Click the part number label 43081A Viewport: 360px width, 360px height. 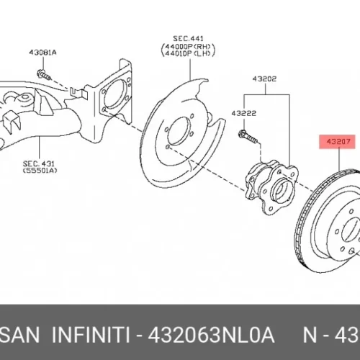pos(42,53)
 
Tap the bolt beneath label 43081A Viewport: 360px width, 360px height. pos(44,74)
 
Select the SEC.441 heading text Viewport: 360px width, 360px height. pos(188,38)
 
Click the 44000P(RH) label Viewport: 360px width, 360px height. pos(188,46)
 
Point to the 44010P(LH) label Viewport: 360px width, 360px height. pos(188,53)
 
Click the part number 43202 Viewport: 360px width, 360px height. pos(264,78)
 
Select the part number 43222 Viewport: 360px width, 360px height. pos(244,113)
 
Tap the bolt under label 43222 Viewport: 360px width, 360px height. pos(248,137)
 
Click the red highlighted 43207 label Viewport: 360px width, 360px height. pos(337,142)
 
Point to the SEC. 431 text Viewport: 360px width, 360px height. pos(39,164)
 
